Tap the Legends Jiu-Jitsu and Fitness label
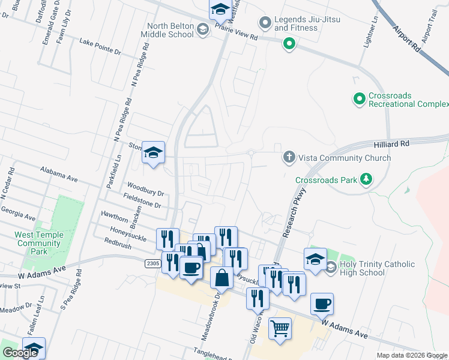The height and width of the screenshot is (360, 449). coord(307,23)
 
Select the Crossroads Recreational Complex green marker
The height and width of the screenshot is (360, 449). coord(360,97)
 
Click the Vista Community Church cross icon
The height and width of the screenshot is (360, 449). coord(289,158)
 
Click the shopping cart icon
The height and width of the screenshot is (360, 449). coord(280,329)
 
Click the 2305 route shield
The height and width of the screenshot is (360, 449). coord(152,263)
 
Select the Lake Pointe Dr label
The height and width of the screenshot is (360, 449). coord(100,47)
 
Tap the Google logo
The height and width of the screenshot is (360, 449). coord(20,353)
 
